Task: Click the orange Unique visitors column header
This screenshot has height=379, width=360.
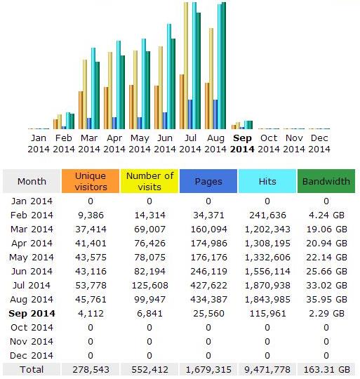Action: coord(91,181)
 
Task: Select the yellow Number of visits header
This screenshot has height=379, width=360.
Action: coord(149,181)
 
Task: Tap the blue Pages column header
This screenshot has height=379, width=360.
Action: coord(208,181)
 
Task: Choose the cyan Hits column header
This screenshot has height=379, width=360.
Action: coord(267,181)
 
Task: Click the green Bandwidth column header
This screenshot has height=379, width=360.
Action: coord(326,181)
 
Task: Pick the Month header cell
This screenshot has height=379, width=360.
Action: coord(32,181)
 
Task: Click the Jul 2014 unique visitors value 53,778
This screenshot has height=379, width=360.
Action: coord(91,286)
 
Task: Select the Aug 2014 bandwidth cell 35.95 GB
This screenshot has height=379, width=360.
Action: coord(326,300)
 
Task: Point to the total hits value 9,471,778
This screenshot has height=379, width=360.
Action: coord(267,370)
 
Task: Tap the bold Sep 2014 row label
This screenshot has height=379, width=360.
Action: coord(32,314)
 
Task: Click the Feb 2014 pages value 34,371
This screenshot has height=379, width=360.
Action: coord(208,215)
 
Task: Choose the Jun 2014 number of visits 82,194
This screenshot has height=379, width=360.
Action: coord(149,272)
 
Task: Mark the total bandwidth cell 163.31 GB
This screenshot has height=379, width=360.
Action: coord(326,370)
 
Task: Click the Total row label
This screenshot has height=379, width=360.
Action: coord(32,370)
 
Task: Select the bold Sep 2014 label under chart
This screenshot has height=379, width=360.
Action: coord(242,143)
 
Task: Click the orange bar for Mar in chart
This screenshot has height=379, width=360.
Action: coord(81,110)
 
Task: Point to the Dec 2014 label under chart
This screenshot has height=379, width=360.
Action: coord(319,143)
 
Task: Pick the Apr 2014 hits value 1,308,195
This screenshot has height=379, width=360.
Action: coord(267,244)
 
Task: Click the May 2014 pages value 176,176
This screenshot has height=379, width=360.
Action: coord(208,258)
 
